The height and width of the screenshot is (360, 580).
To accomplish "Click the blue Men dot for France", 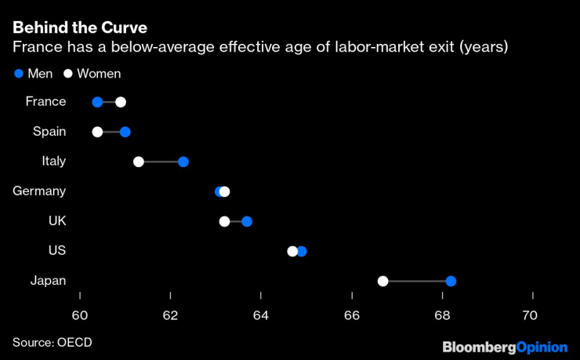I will coord(97,102).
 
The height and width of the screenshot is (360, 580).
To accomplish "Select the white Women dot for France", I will coord(120,102).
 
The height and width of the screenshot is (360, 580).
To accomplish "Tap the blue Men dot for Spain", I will coord(125,132).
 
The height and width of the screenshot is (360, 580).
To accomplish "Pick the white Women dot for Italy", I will coord(139,162).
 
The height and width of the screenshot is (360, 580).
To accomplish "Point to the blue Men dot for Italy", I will coord(183,162).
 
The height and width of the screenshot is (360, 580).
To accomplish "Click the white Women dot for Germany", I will coord(225,191).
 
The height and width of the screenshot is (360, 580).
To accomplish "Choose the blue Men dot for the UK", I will coord(247,221).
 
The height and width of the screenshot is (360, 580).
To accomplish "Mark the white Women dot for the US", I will coord(292,251).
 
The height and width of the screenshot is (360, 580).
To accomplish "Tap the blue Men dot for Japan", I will coord(451,281).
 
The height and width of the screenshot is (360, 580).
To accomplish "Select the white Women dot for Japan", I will coord(382,281).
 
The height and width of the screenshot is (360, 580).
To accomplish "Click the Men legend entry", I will coord(34,74).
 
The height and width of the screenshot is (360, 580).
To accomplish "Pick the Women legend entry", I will coord(92,74).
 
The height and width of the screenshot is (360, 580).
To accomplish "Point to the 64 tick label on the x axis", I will coord(261,315).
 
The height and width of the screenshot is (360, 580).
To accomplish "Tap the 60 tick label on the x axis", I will coord(80,315).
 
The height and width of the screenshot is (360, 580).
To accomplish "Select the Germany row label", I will coord(39,191).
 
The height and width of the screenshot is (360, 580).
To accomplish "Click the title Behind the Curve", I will coord(79,28).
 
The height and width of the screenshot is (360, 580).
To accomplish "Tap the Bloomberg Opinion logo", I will coord(505,346).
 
